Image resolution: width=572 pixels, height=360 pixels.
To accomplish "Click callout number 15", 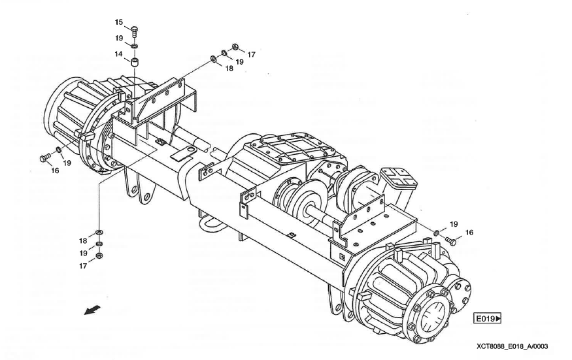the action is point(119,22).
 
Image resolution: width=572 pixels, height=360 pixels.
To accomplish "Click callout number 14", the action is point(118,54).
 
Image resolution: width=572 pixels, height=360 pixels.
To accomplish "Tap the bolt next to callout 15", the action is point(134,31).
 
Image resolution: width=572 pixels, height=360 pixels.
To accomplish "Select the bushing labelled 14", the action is point(135,62).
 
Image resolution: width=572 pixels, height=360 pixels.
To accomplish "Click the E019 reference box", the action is point(488,318).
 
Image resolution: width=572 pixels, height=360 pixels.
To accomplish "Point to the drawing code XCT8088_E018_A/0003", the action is point(512,346).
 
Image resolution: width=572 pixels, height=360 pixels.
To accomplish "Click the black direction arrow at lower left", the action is point(92,310).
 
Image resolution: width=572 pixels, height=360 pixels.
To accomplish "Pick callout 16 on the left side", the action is point(55,171).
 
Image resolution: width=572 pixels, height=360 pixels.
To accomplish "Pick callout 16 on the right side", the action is point(469,233).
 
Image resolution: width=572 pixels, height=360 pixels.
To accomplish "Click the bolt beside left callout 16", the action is point(44,157).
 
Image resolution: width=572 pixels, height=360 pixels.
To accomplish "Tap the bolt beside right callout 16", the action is point(451,240).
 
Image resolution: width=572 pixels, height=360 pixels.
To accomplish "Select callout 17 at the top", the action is point(251,54).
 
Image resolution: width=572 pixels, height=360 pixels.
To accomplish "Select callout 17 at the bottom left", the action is point(83,266).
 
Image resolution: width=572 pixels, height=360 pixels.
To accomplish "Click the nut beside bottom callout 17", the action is point(99,255).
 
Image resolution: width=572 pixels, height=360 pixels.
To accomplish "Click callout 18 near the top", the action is point(229,68).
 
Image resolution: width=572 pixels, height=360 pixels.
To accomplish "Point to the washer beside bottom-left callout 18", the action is point(99,233).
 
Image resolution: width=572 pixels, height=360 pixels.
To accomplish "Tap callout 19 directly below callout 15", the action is point(119,38).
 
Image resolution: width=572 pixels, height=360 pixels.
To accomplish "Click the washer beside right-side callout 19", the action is point(436,233).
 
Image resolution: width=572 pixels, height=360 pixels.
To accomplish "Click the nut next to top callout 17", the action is point(235,46).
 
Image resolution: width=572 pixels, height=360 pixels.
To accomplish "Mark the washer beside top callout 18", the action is point(212,58).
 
